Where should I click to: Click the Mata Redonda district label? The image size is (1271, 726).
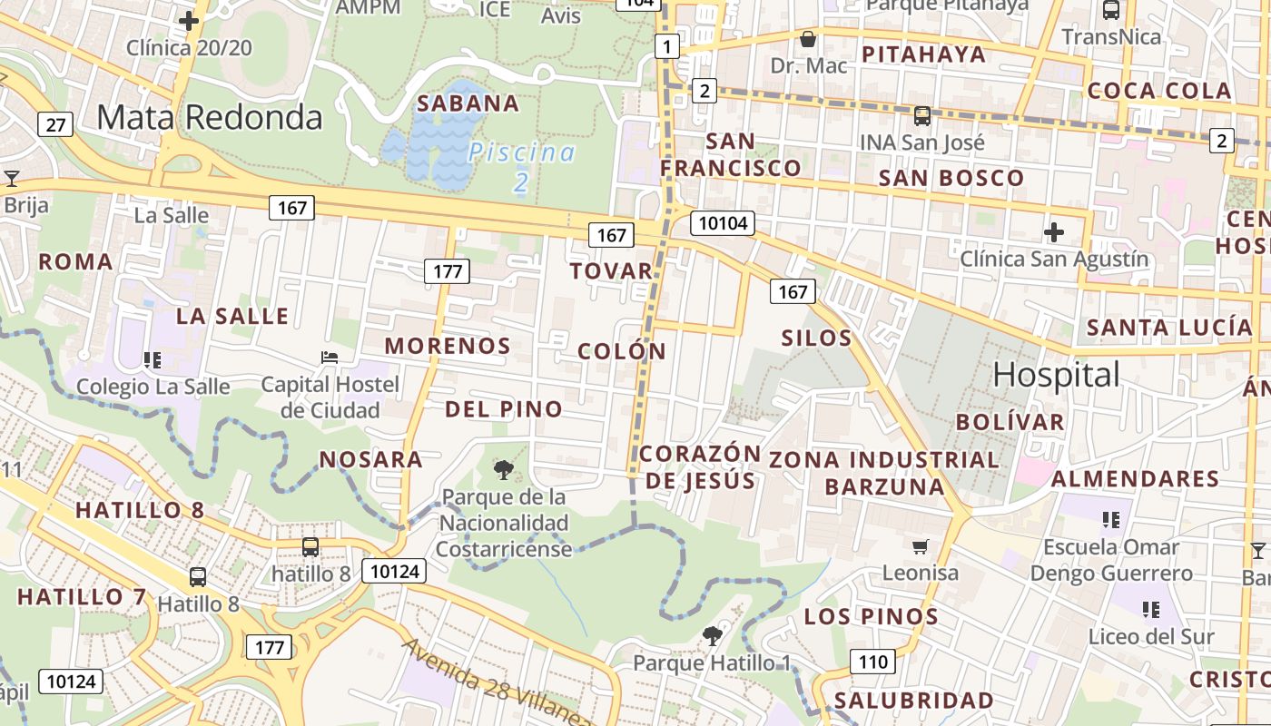pyautogui.click(x=210, y=117)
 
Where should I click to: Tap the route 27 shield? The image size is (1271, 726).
pyautogui.click(x=55, y=124)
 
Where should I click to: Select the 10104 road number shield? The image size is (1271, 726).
pyautogui.click(x=723, y=223)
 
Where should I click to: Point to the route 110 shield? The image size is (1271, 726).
pyautogui.click(x=872, y=662)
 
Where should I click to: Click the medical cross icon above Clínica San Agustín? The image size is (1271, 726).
pyautogui.click(x=1053, y=232)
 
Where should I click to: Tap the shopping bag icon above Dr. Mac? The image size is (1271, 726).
pyautogui.click(x=807, y=39)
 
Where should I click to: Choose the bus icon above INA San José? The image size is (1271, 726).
pyautogui.click(x=922, y=116)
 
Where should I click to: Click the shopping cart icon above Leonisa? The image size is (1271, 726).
pyautogui.click(x=921, y=546)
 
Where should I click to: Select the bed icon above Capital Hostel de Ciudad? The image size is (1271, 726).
pyautogui.click(x=330, y=358)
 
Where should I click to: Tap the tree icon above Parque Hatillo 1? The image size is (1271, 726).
pyautogui.click(x=712, y=635)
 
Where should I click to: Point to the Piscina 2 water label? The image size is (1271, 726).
pyautogui.click(x=522, y=167)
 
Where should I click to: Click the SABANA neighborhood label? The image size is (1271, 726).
pyautogui.click(x=468, y=103)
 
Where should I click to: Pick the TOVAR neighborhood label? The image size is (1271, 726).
pyautogui.click(x=612, y=270)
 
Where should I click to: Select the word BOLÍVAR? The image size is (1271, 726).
pyautogui.click(x=1010, y=421)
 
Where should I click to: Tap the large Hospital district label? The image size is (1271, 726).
pyautogui.click(x=1057, y=374)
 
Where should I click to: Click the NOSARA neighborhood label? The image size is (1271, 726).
pyautogui.click(x=371, y=459)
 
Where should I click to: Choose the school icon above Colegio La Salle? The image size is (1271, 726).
pyautogui.click(x=153, y=360)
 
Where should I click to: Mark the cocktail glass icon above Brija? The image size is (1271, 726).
pyautogui.click(x=12, y=178)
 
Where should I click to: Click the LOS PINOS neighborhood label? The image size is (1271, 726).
pyautogui.click(x=872, y=617)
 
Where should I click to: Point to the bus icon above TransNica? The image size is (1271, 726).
pyautogui.click(x=1110, y=10)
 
